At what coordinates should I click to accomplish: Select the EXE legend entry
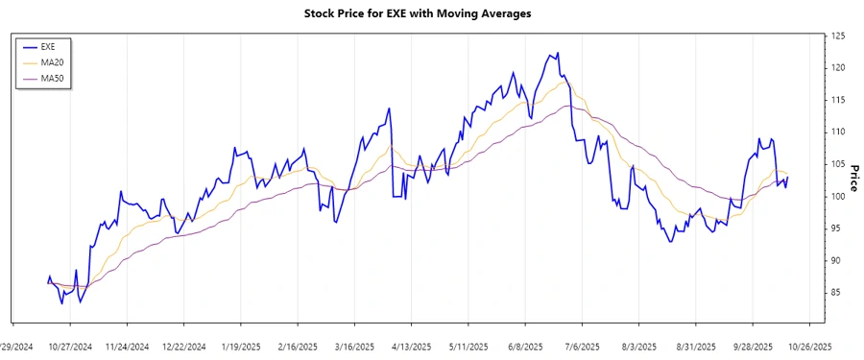coord(51,46)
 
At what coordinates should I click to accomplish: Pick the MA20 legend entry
coord(53,61)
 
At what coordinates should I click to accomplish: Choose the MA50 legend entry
coord(53,77)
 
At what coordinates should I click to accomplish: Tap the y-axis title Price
coord(853,178)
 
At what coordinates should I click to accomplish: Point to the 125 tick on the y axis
coord(837,36)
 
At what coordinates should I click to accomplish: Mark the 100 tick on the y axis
coord(837,196)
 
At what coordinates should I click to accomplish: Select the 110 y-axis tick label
coord(837,132)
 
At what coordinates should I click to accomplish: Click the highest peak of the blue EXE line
coord(558,53)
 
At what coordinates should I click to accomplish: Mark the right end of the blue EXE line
coord(788,178)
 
